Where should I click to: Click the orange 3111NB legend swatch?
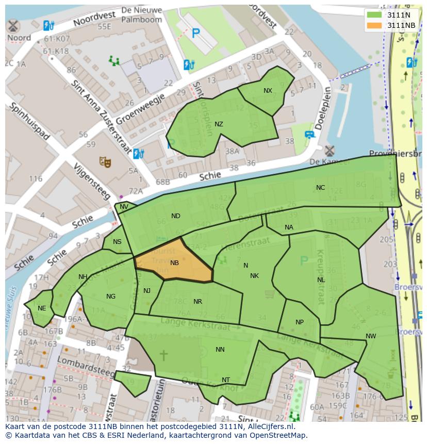coord(374,25)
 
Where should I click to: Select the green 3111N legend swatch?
coord(374,15)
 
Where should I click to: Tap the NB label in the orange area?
coord(174,263)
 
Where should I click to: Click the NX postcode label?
coord(268,91)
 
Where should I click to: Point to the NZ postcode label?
coord(219,124)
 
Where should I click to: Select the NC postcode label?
coord(320,188)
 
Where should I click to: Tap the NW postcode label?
coord(371,336)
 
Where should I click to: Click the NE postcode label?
coord(42,308)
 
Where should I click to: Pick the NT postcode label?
coord(226,380)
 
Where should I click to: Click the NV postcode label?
coord(124,207)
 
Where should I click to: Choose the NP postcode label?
coord(300,322)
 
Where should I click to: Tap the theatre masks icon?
coord(106,162)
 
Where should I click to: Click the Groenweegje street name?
coord(140,109)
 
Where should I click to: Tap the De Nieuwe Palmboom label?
coord(141,15)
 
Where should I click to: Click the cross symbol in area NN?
coord(163,355)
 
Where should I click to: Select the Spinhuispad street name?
coord(29,121)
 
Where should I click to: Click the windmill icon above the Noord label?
coord(13,25)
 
